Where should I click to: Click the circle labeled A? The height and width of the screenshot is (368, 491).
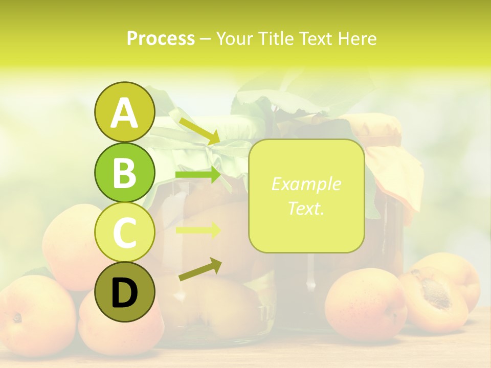click(x=124, y=112)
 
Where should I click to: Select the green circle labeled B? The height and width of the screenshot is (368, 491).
click(x=124, y=173)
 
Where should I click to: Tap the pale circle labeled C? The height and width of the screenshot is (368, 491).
click(x=124, y=233)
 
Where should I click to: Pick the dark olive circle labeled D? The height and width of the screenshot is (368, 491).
click(x=124, y=292)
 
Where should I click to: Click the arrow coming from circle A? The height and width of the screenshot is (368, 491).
click(x=199, y=131)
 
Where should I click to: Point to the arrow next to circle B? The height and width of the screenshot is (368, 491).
click(x=198, y=175)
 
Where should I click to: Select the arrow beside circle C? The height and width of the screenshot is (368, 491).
click(x=198, y=229)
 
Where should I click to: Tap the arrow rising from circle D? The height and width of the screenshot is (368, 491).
click(x=200, y=270)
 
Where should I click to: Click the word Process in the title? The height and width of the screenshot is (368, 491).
click(x=161, y=38)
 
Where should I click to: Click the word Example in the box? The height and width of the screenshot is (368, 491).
click(x=306, y=184)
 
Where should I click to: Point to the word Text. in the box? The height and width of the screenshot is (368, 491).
click(x=306, y=208)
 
